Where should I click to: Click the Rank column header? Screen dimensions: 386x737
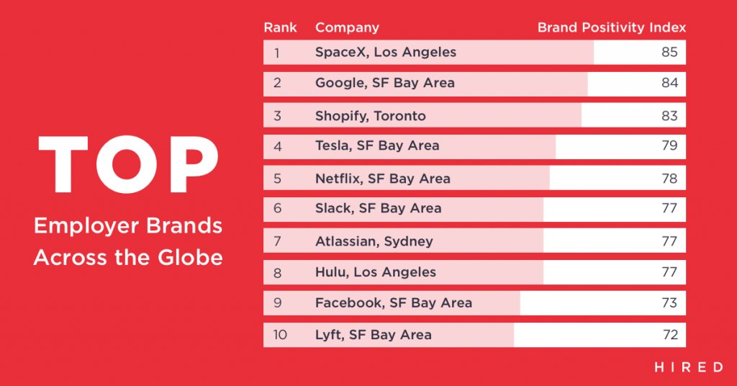[280, 28]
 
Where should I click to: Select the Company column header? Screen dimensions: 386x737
[347, 28]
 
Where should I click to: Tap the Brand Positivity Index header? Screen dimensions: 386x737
[612, 28]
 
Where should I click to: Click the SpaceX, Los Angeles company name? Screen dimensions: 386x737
[386, 53]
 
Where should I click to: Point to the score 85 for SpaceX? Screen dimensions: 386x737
[669, 53]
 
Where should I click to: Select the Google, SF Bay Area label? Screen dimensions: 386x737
[385, 83]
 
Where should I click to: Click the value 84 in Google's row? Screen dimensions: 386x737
[669, 83]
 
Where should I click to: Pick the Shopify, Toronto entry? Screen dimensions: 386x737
[371, 116]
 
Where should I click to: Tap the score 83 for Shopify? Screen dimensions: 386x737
[669, 116]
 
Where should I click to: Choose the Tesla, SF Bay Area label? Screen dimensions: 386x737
[377, 146]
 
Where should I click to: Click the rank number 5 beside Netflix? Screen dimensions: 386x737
[277, 179]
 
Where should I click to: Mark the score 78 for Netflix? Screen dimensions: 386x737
[669, 179]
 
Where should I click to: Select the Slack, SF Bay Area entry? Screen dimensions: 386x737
[379, 209]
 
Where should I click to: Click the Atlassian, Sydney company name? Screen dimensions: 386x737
[374, 241]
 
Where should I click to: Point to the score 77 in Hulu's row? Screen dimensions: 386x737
[669, 272]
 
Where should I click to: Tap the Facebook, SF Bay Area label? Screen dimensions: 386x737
[394, 303]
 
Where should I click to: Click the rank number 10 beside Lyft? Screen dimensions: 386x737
[279, 335]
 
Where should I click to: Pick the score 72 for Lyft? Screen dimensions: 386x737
[669, 335]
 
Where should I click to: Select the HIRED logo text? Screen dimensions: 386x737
[689, 367]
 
